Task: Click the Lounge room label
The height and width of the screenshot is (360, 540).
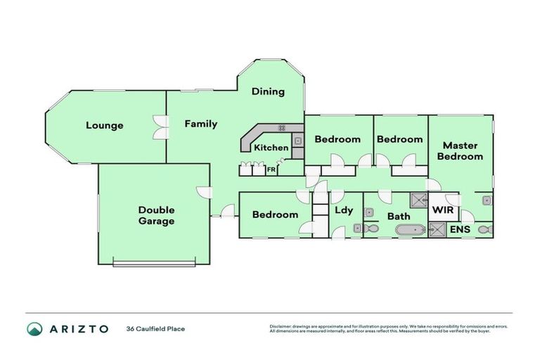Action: (x=105, y=126)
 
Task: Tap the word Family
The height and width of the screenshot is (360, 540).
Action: (x=201, y=124)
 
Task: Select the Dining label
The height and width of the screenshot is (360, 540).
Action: (x=268, y=91)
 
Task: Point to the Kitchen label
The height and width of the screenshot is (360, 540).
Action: (x=271, y=148)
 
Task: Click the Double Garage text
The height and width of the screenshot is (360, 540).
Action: (x=156, y=215)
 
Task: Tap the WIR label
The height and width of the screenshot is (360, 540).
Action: (x=442, y=210)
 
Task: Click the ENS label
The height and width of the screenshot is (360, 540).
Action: (x=460, y=229)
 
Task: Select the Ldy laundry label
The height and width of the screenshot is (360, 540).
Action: (x=344, y=210)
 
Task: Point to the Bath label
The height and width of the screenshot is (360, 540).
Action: (x=399, y=216)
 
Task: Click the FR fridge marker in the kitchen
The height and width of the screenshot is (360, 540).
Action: (x=271, y=170)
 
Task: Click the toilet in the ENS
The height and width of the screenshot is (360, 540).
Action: (x=483, y=229)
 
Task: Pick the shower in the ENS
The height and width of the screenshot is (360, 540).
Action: (x=437, y=229)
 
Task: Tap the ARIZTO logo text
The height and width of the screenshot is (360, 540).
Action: (x=79, y=328)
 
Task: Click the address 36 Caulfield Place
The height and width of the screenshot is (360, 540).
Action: (x=155, y=328)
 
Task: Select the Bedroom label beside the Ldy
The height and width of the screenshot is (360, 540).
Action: (x=275, y=214)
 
